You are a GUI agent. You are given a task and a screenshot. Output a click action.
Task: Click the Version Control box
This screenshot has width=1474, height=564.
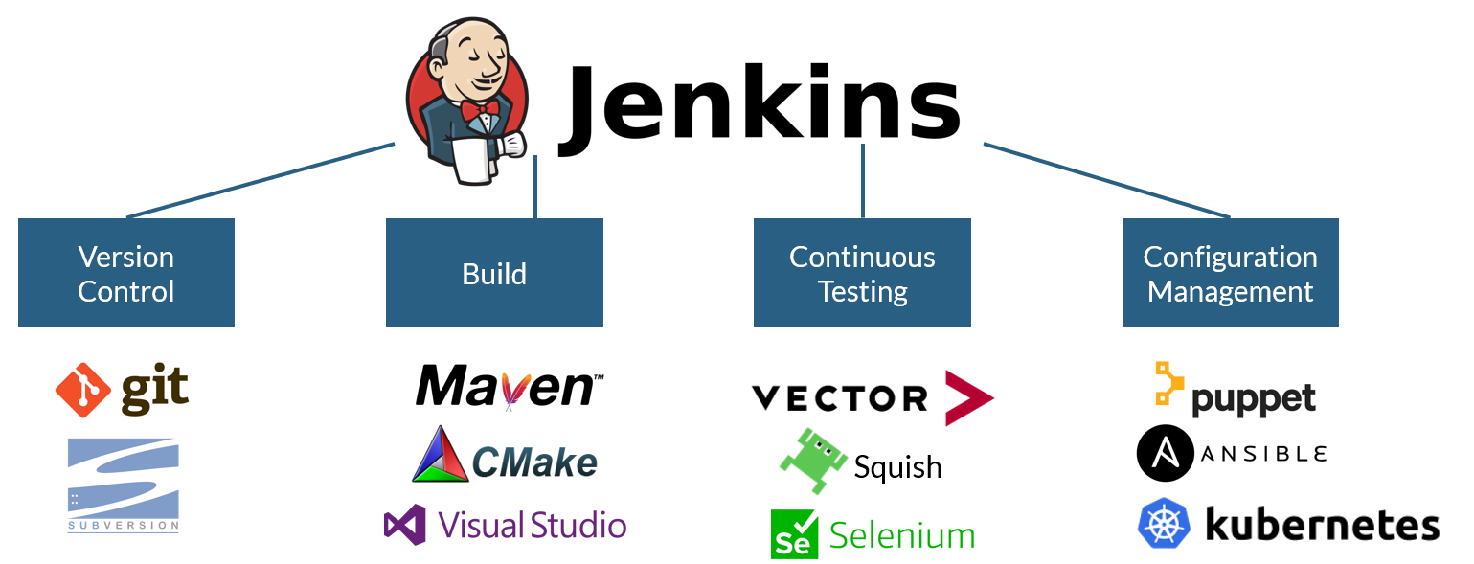coord(126,273)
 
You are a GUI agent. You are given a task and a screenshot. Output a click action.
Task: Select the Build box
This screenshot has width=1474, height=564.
coord(494,273)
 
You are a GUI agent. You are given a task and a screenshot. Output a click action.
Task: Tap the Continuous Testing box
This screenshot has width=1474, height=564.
coord(862,273)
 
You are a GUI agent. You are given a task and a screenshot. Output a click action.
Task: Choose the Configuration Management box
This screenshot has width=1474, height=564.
coord(1230,273)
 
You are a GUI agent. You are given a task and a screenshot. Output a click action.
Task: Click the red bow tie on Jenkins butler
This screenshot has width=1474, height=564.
coord(479,110)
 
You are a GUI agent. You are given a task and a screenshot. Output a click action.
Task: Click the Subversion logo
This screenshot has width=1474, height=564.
coord(123,484)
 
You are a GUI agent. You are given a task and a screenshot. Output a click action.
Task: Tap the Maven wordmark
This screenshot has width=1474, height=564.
coord(508,387)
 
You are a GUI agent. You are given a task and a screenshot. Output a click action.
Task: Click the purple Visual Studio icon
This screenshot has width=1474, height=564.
coord(404,526)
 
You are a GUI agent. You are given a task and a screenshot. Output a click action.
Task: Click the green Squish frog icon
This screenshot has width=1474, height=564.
coord(812,461)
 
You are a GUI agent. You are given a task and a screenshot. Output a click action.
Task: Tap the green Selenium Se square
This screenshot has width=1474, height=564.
coord(794,534)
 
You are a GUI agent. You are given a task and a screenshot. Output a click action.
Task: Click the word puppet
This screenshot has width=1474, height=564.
coord(1253,399)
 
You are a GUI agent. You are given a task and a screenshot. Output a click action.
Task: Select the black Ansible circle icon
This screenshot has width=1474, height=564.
coord(1165,454)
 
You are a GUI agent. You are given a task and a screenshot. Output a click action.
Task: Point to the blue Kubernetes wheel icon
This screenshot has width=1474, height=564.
coord(1164,523)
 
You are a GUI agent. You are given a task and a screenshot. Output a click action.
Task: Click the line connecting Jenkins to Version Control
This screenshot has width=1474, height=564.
coord(259,181)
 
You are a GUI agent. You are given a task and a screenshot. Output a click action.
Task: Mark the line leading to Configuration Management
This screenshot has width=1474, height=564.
coord(1106,181)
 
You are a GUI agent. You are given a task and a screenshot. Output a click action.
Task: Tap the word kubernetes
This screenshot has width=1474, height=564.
coord(1322,525)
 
